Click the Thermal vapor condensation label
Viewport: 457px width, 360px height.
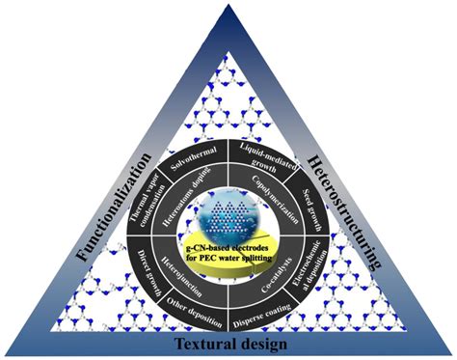[x=149, y=208]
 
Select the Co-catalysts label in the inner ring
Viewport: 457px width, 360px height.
[x=273, y=273]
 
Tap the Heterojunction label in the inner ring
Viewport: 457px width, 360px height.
[x=188, y=272]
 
